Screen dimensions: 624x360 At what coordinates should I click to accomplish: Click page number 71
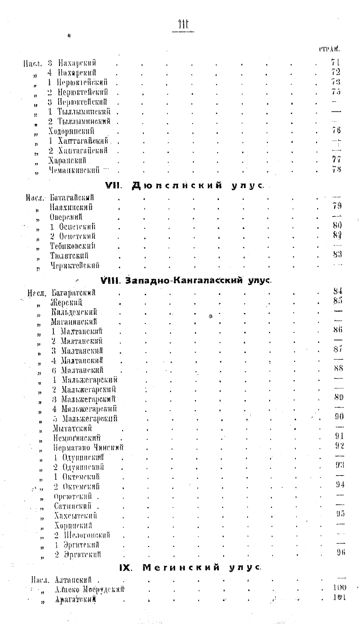335,63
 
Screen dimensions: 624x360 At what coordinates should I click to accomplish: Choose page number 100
338,589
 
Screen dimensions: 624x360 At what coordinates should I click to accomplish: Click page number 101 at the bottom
338,598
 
